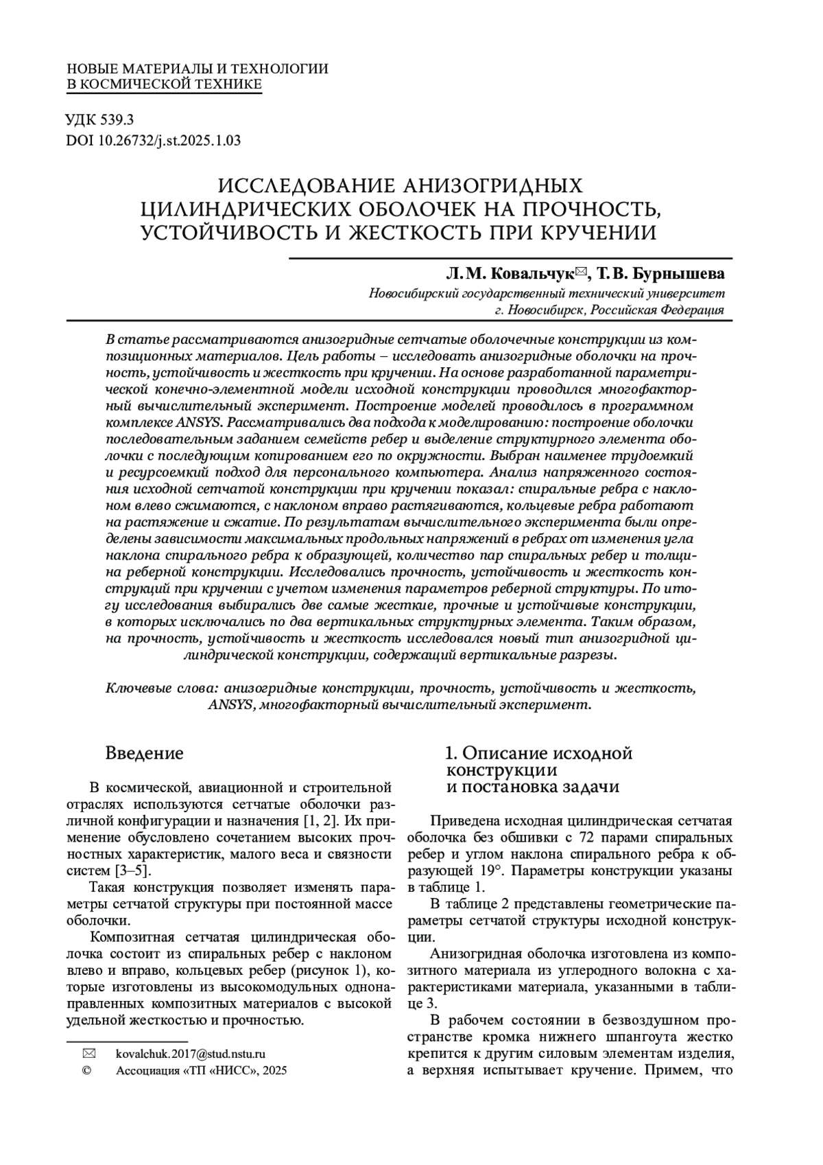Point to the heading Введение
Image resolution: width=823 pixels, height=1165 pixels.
tap(144, 753)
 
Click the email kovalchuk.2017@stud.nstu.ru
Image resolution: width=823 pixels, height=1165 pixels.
tap(191, 1053)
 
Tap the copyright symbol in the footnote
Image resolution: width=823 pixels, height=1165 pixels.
tap(87, 1070)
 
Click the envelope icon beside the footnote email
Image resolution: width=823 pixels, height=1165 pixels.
tap(88, 1053)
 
